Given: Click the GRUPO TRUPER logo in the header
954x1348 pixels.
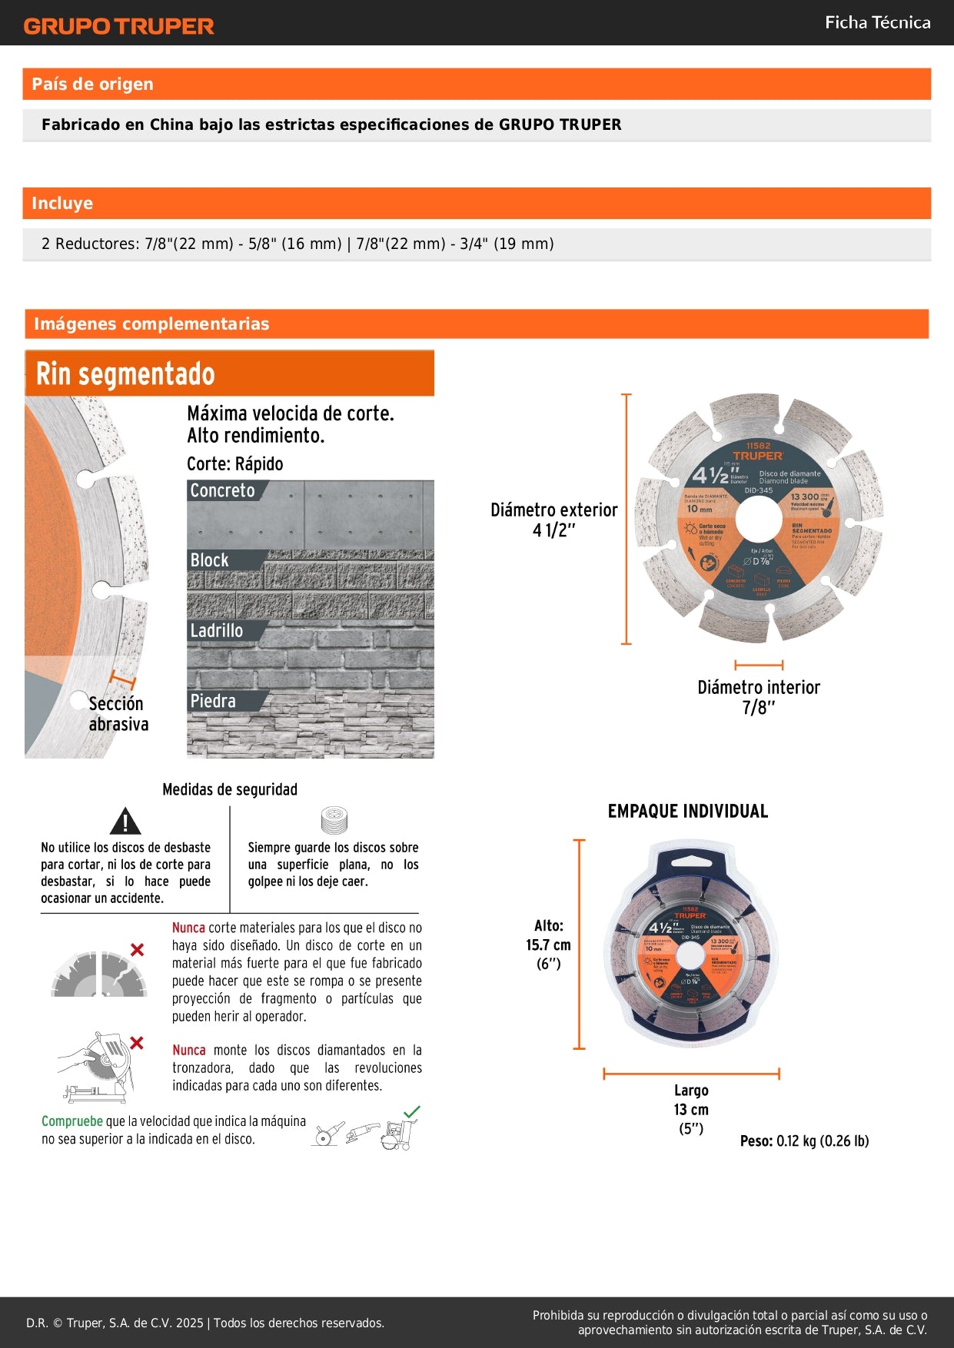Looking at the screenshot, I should (118, 26).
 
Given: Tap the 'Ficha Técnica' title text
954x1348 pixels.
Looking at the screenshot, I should (877, 23).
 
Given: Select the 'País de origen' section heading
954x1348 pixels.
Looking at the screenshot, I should (92, 85).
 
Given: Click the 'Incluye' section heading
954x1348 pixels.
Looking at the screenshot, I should (62, 204).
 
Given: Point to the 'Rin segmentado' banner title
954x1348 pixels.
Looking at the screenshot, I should (125, 374).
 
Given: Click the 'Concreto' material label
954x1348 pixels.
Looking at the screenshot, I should (222, 490).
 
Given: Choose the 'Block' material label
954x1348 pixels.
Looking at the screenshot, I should (209, 560).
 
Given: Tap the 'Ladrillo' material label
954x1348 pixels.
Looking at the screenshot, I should (216, 631).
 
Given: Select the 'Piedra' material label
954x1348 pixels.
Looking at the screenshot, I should (213, 701).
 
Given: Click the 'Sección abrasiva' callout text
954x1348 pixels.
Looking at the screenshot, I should (118, 714).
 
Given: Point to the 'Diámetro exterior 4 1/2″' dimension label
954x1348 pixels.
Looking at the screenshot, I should (553, 520).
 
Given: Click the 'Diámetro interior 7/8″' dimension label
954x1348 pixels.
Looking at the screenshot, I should (758, 697).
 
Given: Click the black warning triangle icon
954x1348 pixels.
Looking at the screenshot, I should (125, 822).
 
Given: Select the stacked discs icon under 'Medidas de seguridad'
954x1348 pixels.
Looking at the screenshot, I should (334, 820).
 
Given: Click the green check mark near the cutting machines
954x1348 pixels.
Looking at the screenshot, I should (412, 1111).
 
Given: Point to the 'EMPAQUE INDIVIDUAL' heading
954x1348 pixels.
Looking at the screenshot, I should (687, 812).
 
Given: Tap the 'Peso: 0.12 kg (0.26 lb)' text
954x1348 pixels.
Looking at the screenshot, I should (804, 1141).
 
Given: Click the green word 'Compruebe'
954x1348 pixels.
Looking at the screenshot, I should (71, 1121).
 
